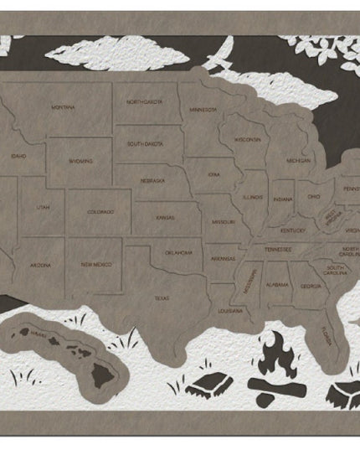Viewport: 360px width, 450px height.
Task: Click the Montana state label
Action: [63, 107]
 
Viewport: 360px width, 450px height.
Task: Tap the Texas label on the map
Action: [162, 297]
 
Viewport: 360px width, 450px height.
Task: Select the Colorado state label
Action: [100, 212]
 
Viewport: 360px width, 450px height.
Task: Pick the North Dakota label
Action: [145, 101]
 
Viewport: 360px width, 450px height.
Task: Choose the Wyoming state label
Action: [80, 161]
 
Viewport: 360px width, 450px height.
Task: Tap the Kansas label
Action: [165, 217]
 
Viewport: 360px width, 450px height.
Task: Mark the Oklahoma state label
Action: [178, 252]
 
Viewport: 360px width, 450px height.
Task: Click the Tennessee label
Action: [278, 249]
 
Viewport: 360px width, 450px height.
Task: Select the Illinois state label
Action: [253, 198]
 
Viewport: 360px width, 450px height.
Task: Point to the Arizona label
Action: [40, 265]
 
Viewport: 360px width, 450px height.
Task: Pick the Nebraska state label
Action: [152, 180]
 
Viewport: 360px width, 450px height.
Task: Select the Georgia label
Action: [311, 287]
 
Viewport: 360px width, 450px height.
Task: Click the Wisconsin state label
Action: [248, 139]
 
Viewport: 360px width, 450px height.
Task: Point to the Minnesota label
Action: [203, 109]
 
